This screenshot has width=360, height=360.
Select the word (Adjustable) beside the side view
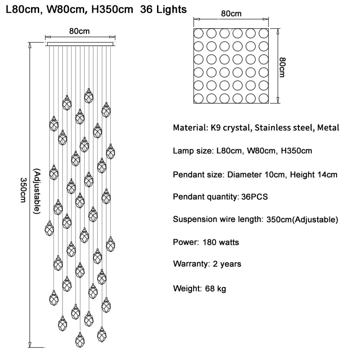[x=37, y=191]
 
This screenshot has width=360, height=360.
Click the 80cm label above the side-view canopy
[x=79, y=31]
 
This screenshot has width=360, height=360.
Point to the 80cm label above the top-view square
[x=231, y=13]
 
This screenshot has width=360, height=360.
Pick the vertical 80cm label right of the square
[x=282, y=67]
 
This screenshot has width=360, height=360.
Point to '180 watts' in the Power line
[x=220, y=243]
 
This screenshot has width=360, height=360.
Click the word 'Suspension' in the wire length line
[x=194, y=220]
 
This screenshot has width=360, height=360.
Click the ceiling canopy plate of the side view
[x=79, y=44]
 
